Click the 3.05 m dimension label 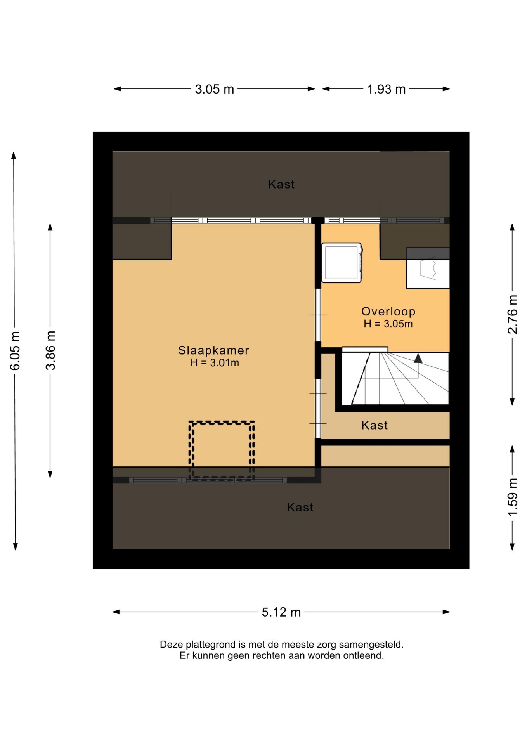click(214, 89)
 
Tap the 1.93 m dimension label click(386, 89)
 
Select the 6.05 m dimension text click(15, 351)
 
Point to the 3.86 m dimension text click(50, 350)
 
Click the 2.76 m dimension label click(513, 314)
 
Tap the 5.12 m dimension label click(281, 612)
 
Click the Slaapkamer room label click(213, 350)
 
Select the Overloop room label click(388, 312)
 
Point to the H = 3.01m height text click(215, 363)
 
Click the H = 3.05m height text click(388, 324)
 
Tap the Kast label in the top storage click(281, 184)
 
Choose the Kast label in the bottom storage click(300, 507)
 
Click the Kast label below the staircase click(374, 425)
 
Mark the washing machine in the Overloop click(342, 263)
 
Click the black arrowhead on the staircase click(418, 358)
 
